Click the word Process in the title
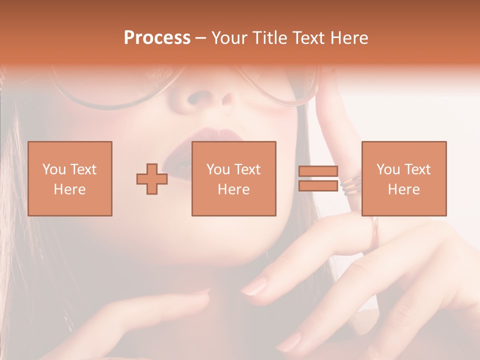[x=157, y=38]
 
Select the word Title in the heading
[x=270, y=38]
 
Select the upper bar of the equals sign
[x=318, y=171]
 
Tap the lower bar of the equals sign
[x=318, y=186]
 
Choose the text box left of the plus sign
[x=69, y=178]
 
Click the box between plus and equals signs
[x=233, y=178]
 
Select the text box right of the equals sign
[x=403, y=178]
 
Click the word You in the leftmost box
[x=53, y=169]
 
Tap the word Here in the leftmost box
[x=69, y=189]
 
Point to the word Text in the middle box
[x=247, y=169]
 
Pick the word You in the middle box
[x=217, y=169]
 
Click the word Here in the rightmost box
[x=403, y=189]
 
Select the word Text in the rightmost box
[x=417, y=169]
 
